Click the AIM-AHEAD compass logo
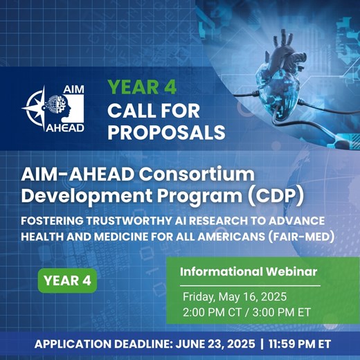(x=53, y=109)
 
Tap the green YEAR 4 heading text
(x=142, y=87)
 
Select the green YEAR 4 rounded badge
(x=67, y=280)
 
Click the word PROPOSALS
(x=166, y=132)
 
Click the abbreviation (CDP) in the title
(x=276, y=196)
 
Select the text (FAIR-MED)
(x=301, y=237)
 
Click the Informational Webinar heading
(x=249, y=271)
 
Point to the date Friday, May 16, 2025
(x=235, y=297)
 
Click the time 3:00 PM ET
(x=282, y=312)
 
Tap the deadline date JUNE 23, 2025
(x=215, y=344)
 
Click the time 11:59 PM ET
(x=300, y=344)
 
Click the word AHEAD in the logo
(x=65, y=127)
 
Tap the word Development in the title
(x=87, y=197)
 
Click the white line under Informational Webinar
(x=250, y=286)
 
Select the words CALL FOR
(x=154, y=111)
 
